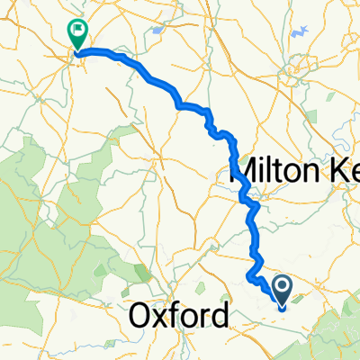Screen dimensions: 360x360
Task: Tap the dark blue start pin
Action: click(282, 291)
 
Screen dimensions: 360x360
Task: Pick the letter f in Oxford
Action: click(183, 316)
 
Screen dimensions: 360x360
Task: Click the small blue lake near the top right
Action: click(302, 33)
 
